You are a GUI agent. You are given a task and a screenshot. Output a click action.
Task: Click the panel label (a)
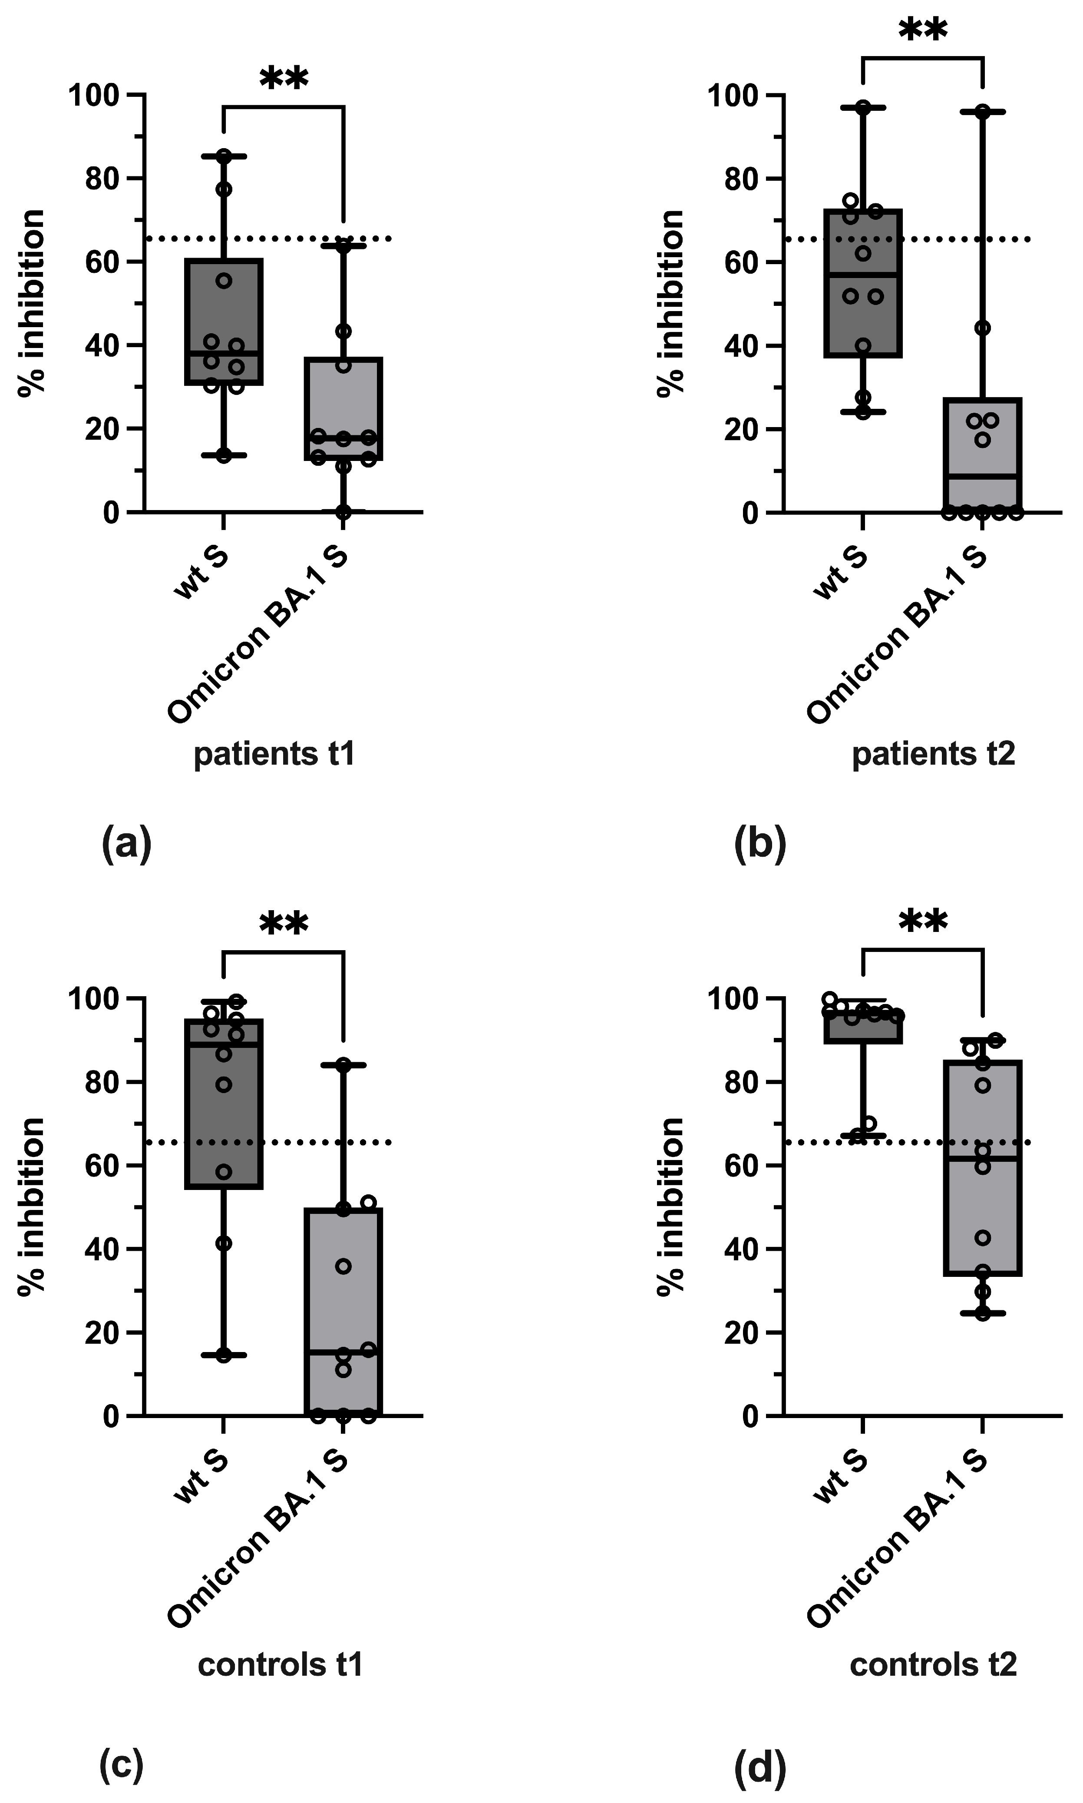[x=126, y=845]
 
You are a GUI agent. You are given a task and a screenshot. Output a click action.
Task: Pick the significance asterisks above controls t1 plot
[x=284, y=923]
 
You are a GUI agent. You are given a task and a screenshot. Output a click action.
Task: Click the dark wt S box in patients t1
[x=224, y=321]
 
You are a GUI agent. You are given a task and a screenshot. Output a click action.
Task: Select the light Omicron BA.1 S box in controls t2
[x=983, y=1168]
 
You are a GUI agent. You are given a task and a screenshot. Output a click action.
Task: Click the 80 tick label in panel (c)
[x=102, y=1082]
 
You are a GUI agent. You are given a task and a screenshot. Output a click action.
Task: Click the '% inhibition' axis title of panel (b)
[x=670, y=303]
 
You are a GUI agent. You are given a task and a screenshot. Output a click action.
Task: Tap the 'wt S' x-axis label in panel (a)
[x=201, y=574]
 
